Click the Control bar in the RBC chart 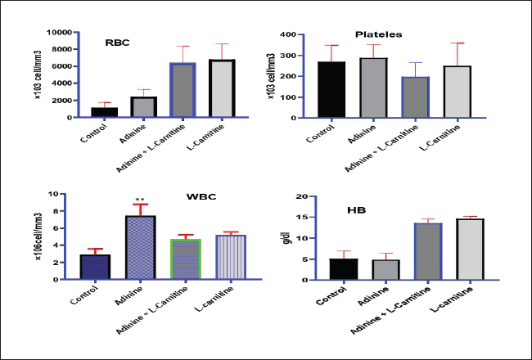pos(105,112)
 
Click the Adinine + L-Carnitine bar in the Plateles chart pos(416,97)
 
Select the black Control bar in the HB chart pos(343,269)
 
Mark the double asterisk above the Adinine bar pos(140,199)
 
